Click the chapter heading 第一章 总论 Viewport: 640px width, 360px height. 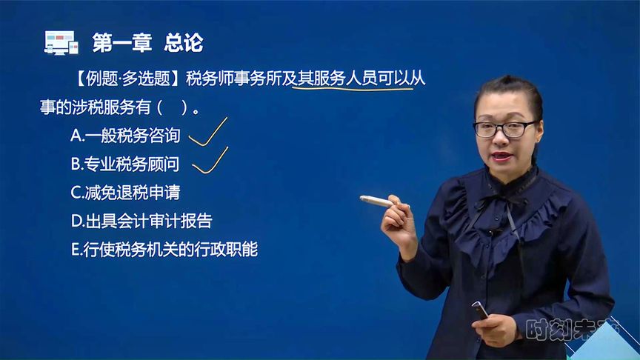point(147,42)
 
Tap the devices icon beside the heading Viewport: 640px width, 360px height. point(61,42)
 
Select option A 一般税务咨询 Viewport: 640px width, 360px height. point(125,136)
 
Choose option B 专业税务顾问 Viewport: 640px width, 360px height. point(125,164)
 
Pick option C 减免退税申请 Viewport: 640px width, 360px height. point(125,193)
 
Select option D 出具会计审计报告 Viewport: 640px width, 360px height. point(141,221)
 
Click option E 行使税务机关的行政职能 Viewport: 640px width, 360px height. point(164,250)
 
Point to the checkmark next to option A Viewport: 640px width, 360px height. point(207,132)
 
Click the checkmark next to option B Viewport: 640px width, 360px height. point(210,161)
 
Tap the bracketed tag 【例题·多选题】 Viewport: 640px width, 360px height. point(127,79)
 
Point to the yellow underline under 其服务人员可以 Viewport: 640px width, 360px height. point(353,87)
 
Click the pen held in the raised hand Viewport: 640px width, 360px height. point(378,201)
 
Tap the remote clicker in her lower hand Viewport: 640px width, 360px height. point(479,310)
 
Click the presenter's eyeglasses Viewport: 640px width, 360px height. point(504,130)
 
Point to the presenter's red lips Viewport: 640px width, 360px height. point(501,156)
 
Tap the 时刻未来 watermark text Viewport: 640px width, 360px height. point(571,329)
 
